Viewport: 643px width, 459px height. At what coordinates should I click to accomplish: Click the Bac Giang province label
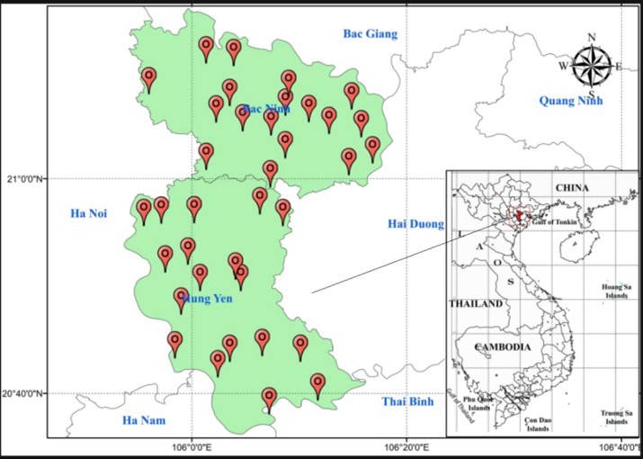coord(370,34)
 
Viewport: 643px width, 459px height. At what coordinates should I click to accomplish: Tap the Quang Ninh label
coord(570,101)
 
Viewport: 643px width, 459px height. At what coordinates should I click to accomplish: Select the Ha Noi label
coord(89,213)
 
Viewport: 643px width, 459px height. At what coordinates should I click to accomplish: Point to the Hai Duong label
coord(415,223)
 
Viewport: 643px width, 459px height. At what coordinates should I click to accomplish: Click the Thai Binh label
coord(407,401)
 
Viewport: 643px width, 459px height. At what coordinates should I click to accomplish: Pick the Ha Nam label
coord(145,419)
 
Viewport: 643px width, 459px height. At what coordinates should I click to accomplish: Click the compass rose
coord(591,66)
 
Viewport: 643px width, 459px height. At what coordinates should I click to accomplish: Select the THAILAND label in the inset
coord(476,304)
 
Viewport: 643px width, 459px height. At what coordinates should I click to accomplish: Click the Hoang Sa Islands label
coord(616,291)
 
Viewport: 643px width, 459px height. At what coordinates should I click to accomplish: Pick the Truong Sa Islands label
coord(616,417)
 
